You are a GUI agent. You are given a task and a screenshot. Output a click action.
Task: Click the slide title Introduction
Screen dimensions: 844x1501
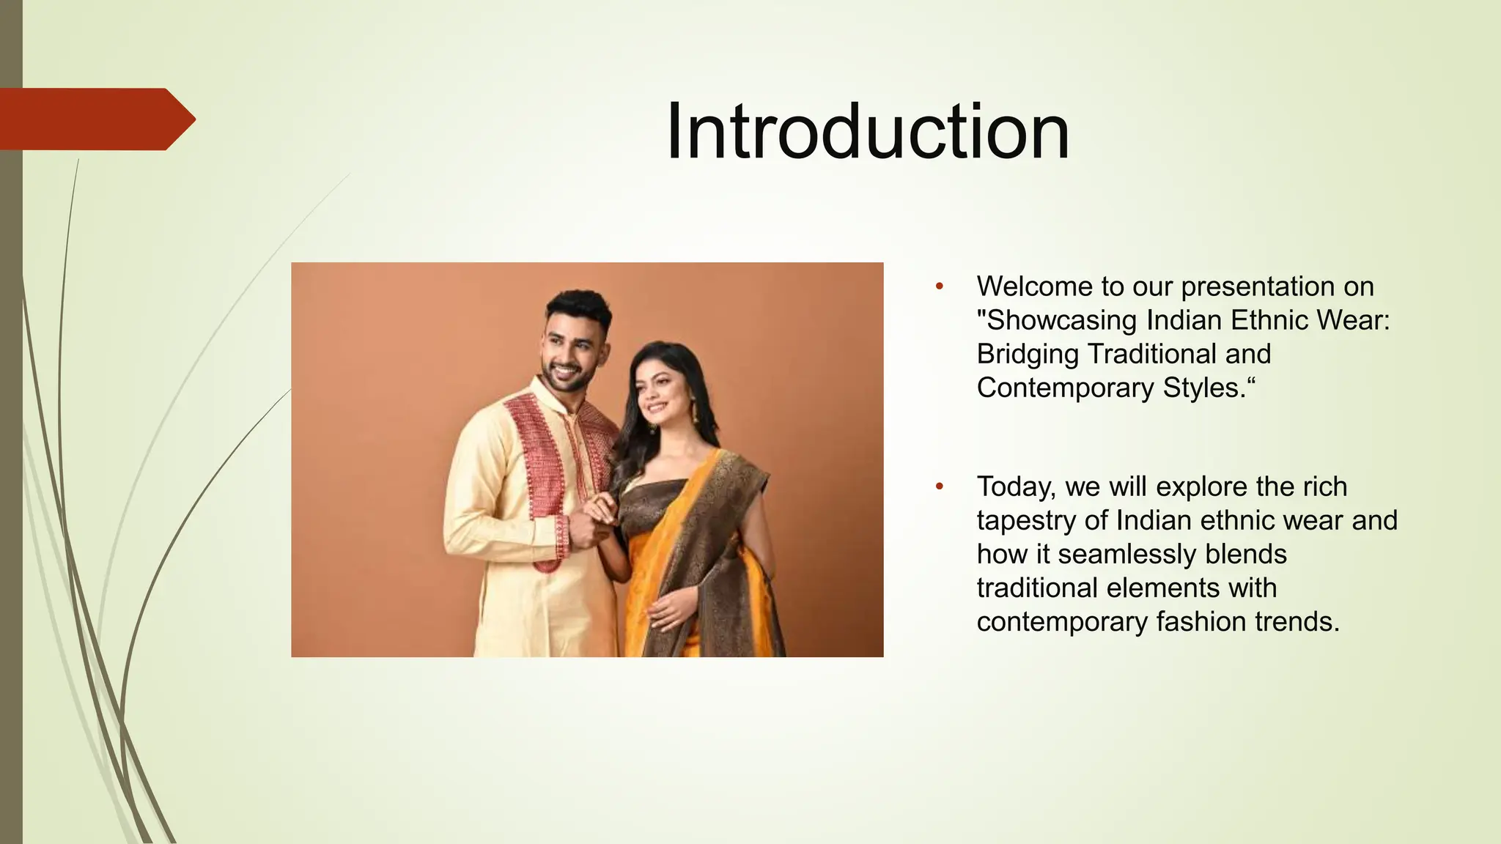coord(868,132)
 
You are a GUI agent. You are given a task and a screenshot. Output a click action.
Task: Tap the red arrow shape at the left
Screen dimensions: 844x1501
coord(95,119)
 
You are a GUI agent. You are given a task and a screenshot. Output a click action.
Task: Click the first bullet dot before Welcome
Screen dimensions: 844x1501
coord(940,286)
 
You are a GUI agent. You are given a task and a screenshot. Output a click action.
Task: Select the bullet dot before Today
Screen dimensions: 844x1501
coord(940,486)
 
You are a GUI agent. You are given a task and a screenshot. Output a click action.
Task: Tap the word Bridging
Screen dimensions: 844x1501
coord(1028,354)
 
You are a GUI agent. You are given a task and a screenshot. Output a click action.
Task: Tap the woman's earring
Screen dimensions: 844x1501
coord(691,405)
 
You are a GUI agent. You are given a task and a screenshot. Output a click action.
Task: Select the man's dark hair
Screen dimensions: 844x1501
coord(579,308)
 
